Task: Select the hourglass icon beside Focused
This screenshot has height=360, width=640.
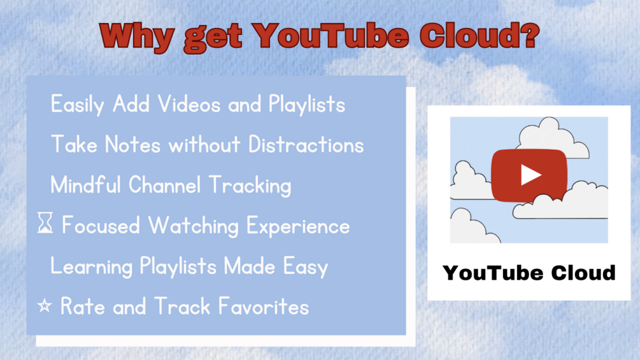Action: (x=45, y=222)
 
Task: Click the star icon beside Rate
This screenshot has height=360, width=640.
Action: (x=45, y=306)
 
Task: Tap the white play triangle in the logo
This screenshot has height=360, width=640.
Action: (x=530, y=175)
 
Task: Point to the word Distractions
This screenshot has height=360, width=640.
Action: (x=306, y=145)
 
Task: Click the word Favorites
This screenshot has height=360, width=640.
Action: (x=263, y=306)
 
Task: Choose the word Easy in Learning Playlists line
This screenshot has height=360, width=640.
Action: (x=306, y=267)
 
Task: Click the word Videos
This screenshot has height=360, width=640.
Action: (x=189, y=104)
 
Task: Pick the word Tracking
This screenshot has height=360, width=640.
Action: (x=250, y=185)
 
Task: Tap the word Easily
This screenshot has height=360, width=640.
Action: (x=78, y=105)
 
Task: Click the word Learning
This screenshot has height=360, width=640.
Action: (x=92, y=267)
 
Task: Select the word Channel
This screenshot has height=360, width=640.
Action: (x=165, y=185)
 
